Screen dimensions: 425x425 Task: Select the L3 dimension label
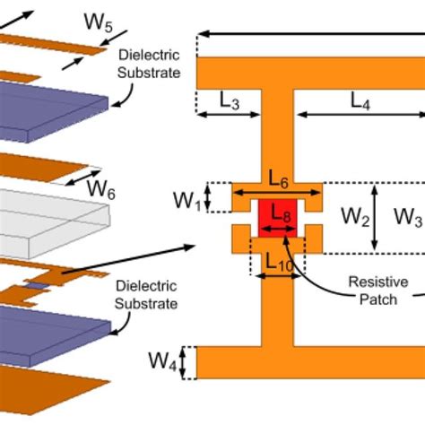[230, 101]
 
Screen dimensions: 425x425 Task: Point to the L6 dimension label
[277, 180]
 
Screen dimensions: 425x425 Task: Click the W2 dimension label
[351, 216]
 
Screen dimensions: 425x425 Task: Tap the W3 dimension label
[408, 216]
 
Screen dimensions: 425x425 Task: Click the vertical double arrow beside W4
[185, 362]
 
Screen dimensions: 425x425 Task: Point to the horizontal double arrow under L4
[360, 115]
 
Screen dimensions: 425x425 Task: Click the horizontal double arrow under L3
[228, 115]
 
